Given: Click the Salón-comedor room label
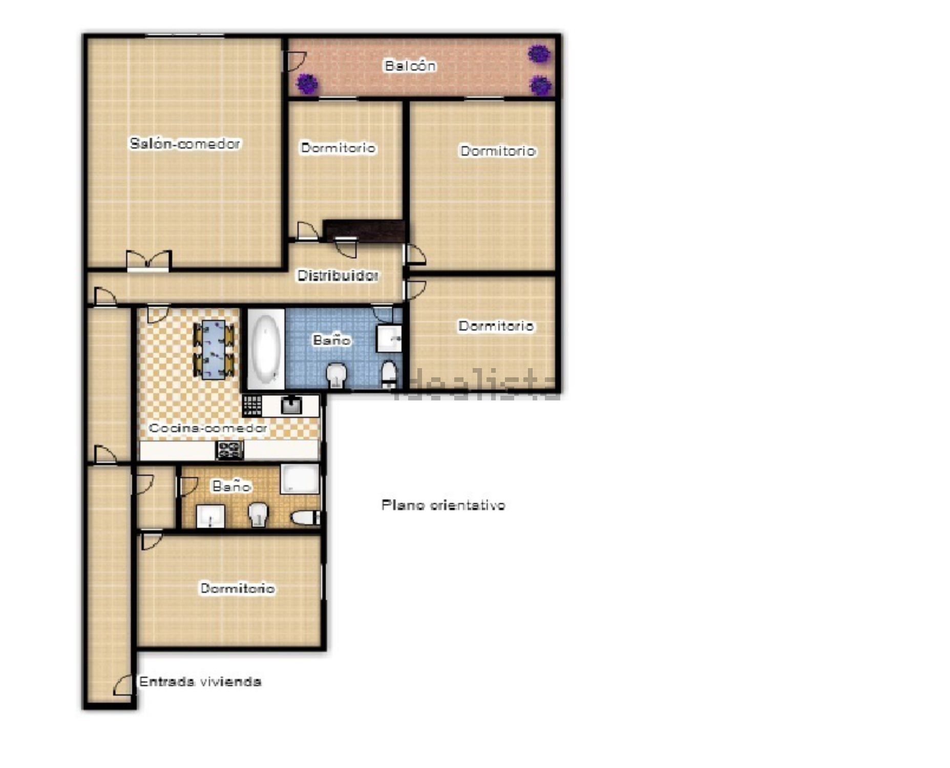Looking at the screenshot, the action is tap(185, 143).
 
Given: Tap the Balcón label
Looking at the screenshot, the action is tap(410, 66).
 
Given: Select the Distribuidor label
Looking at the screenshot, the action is tap(338, 275).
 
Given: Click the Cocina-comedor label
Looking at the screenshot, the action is tap(208, 428).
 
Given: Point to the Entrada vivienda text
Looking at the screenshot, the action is tap(200, 681).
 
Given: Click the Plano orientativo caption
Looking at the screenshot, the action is tap(444, 505).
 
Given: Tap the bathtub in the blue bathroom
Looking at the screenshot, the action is tap(266, 348).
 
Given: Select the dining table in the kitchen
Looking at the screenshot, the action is tap(214, 349).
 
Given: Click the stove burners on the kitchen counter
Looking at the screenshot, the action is tap(229, 450).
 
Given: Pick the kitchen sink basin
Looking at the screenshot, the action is tap(291, 405).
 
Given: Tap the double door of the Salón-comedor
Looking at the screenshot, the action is tap(149, 261).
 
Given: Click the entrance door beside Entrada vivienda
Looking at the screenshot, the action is tap(123, 685).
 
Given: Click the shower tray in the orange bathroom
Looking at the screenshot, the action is tap(300, 479).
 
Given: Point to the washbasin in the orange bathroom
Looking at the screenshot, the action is tap(210, 516).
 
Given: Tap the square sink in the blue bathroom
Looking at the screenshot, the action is tap(389, 337).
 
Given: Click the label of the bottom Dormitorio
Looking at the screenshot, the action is tap(237, 588).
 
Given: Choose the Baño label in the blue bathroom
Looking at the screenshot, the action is tap(332, 340).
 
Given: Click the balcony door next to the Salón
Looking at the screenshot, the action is tap(295, 61).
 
